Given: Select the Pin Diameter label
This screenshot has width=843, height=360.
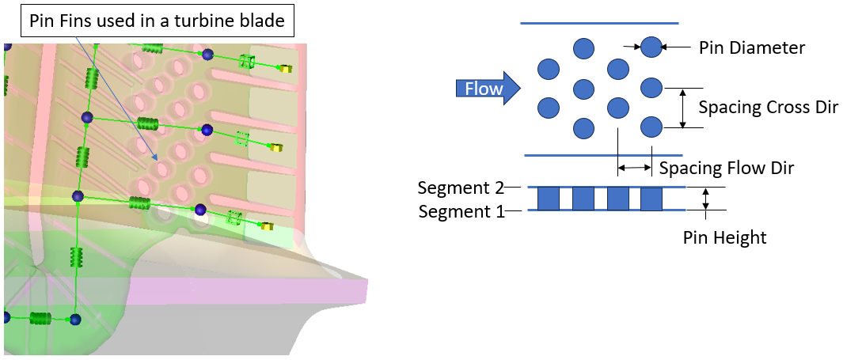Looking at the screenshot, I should (751, 47).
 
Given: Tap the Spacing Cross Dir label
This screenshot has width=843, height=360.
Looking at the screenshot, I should (768, 107).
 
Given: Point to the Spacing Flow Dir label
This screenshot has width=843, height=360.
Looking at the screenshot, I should (726, 168).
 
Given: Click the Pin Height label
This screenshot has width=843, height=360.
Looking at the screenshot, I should (724, 237).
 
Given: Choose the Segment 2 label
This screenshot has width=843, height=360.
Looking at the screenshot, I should (460, 188).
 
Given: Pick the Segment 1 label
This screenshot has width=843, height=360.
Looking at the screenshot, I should (460, 211).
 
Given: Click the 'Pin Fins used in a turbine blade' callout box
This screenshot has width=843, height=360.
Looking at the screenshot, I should (157, 21).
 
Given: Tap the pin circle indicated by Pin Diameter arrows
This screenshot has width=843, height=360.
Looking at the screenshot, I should (651, 47).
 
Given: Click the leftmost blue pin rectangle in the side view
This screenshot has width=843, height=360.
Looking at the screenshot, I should (549, 199).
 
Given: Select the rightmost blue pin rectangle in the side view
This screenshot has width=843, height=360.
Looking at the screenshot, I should (651, 199).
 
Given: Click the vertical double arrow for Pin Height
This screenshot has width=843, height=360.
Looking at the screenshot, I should (706, 199).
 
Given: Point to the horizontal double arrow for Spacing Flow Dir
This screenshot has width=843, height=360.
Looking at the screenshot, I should (635, 168).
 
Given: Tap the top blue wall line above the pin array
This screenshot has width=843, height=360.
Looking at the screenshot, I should (599, 24).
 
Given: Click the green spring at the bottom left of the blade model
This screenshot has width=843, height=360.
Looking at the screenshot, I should (40, 318).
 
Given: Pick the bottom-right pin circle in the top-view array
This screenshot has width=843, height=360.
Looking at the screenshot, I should (651, 127).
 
